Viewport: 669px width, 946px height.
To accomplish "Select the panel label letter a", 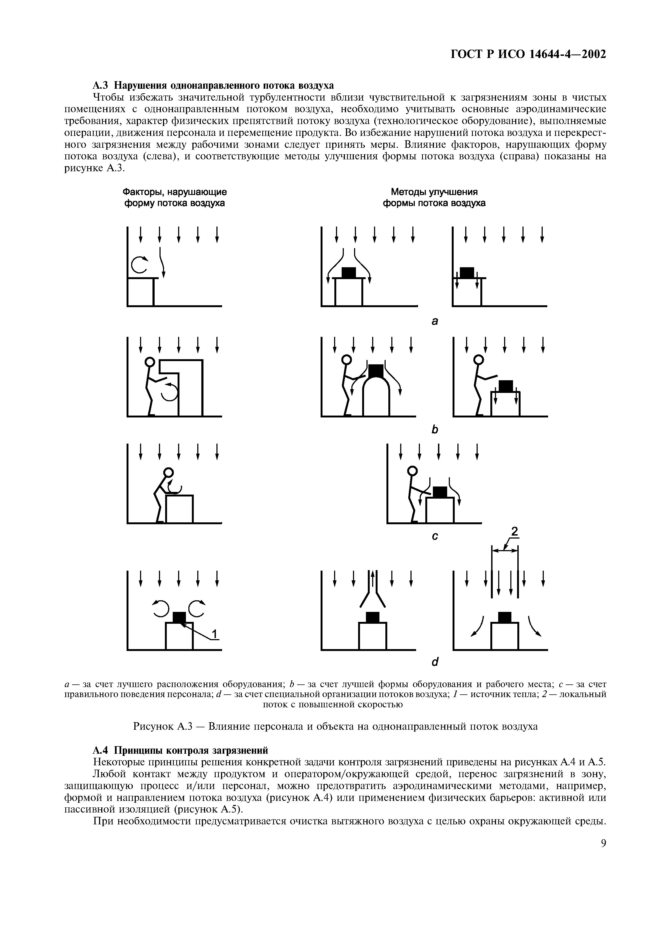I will [434, 321].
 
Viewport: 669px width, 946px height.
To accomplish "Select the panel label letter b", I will [434, 430].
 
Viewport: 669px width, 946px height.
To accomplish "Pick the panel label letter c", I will [434, 536].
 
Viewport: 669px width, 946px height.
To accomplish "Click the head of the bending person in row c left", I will [169, 472].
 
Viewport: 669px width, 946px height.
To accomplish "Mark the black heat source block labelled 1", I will [179, 617].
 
